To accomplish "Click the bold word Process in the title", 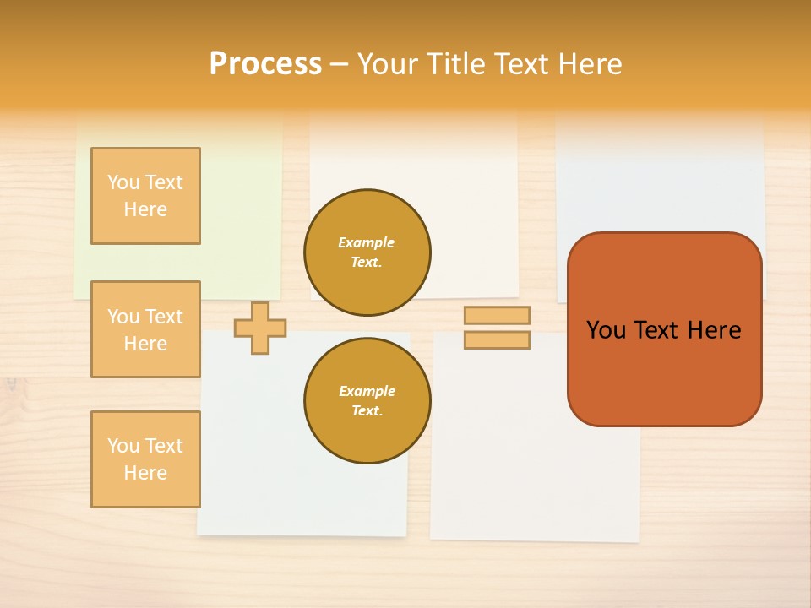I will (x=265, y=64).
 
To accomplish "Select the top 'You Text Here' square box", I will (x=145, y=196).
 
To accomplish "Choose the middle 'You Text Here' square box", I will (x=145, y=329).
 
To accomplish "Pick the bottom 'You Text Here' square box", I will (x=145, y=459).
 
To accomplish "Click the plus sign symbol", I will (x=260, y=328).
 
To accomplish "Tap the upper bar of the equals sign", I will (x=498, y=315).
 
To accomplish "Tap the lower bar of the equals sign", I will (x=498, y=340).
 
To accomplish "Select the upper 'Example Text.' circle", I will (x=367, y=252).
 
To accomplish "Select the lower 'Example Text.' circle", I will (x=367, y=401).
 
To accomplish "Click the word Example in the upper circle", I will (x=367, y=242).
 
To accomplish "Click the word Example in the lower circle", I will (x=367, y=391).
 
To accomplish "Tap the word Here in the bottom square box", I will (x=145, y=473).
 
